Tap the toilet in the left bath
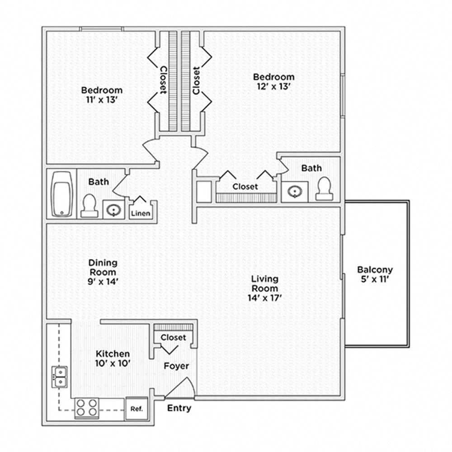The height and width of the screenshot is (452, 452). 89,206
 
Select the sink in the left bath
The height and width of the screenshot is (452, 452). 113,210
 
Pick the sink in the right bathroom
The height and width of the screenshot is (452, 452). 294,192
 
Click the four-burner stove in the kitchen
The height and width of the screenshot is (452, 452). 86,407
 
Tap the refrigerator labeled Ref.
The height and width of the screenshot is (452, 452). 137,409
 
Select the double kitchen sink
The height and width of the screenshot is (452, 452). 59,377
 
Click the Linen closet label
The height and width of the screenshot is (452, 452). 141,213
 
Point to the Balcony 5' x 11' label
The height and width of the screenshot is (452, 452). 375,274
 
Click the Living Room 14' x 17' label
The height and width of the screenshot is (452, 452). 265,288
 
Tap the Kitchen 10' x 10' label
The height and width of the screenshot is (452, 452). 113,358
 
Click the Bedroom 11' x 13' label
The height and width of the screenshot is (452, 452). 102,94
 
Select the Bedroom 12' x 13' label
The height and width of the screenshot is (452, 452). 273,81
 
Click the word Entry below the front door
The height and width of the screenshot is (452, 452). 179,408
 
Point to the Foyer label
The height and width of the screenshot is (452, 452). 176,366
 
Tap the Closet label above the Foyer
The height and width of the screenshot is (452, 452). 173,338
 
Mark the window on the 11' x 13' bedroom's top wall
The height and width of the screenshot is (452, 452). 101,29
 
